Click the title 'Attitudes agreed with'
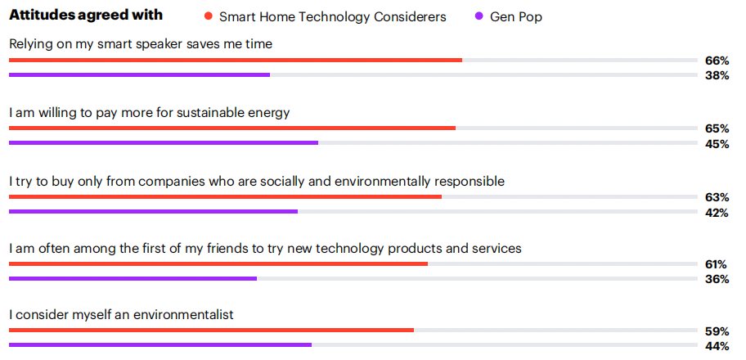pyautogui.click(x=86, y=16)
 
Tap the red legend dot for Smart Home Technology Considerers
pyautogui.click(x=208, y=16)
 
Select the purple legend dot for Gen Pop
pyautogui.click(x=479, y=16)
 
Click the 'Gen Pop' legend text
pyautogui.click(x=516, y=17)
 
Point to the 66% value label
pyautogui.click(x=717, y=61)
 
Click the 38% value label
pyautogui.click(x=717, y=75)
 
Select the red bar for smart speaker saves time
pyautogui.click(x=236, y=60)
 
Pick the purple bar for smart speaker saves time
pyautogui.click(x=139, y=74)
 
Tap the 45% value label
pyautogui.click(x=717, y=144)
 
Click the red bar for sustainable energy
pyautogui.click(x=232, y=128)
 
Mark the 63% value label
pyautogui.click(x=717, y=197)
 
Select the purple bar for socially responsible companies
pyautogui.click(x=153, y=211)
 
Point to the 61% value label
pyautogui.click(x=717, y=264)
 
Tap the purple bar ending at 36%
pyautogui.click(x=133, y=278)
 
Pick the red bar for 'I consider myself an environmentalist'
pyautogui.click(x=211, y=330)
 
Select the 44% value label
pyautogui.click(x=717, y=346)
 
